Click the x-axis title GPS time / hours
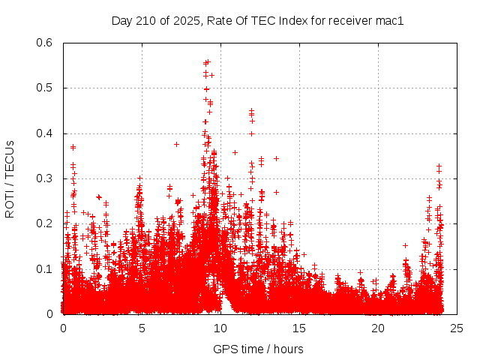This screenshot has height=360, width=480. click(x=258, y=349)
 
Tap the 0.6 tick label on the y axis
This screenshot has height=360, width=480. click(x=45, y=43)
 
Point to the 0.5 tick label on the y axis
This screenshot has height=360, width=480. click(x=45, y=88)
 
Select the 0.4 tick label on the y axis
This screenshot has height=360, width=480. click(x=45, y=133)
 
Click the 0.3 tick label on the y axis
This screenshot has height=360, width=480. click(x=45, y=178)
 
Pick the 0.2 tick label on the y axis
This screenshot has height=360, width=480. click(x=45, y=223)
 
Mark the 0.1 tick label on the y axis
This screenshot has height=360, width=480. click(x=45, y=268)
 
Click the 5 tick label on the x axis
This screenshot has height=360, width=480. click(x=142, y=328)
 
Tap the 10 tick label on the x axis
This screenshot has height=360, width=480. click(x=220, y=328)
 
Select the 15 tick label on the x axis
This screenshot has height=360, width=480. click(x=299, y=328)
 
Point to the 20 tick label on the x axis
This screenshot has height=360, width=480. click(x=378, y=328)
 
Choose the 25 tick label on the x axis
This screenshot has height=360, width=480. click(x=457, y=328)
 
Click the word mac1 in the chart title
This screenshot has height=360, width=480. click(x=389, y=21)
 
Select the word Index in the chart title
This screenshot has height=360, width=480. click(x=293, y=21)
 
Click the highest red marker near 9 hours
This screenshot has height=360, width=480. click(x=208, y=61)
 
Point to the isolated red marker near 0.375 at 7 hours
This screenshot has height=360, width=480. click(x=176, y=144)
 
